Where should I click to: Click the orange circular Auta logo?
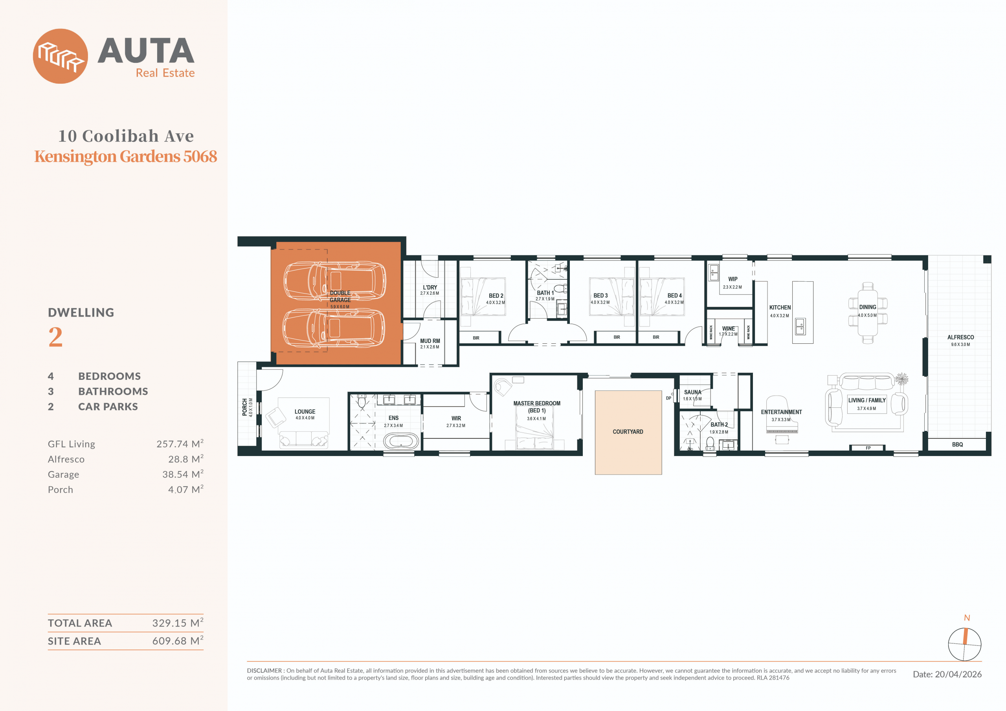61,56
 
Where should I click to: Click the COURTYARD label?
628,431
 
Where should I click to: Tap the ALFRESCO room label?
960,337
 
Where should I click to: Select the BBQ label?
957,444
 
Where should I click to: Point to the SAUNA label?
693,392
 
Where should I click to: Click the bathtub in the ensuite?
401,441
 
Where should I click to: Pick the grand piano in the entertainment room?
782,414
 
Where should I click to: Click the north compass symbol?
964,644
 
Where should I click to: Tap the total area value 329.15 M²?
178,623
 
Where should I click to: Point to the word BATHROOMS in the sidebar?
113,391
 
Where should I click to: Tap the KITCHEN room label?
780,308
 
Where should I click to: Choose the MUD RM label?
430,341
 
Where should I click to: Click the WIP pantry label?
732,279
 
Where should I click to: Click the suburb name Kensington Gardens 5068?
126,156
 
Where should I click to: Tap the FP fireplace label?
868,448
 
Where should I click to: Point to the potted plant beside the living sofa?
901,379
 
